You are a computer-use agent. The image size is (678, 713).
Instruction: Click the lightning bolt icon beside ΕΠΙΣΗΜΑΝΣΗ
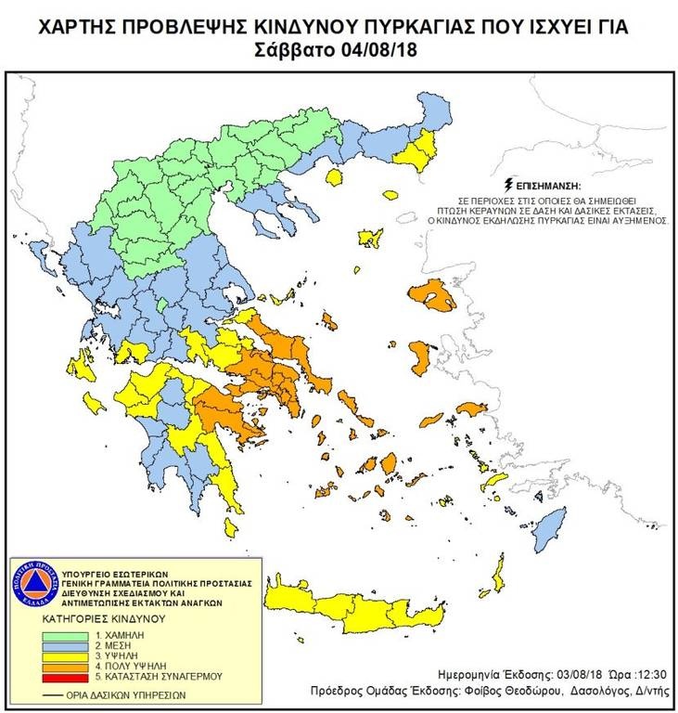pyautogui.click(x=506, y=185)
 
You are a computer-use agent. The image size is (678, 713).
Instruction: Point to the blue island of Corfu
pyautogui.click(x=38, y=252)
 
